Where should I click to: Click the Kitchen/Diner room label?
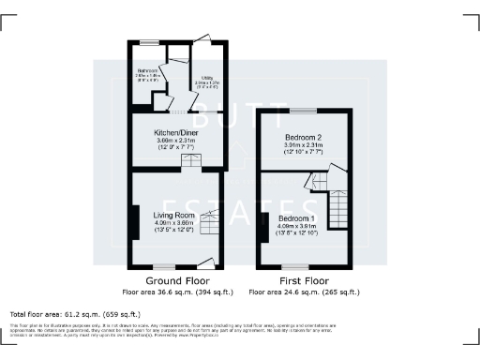pos(176,133)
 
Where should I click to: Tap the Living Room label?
pos(172,215)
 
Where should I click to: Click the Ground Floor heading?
pos(175,280)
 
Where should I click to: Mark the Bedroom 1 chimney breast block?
pos(263,225)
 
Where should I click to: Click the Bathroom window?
pos(147,42)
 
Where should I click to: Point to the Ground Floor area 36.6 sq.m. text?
pos(175,290)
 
